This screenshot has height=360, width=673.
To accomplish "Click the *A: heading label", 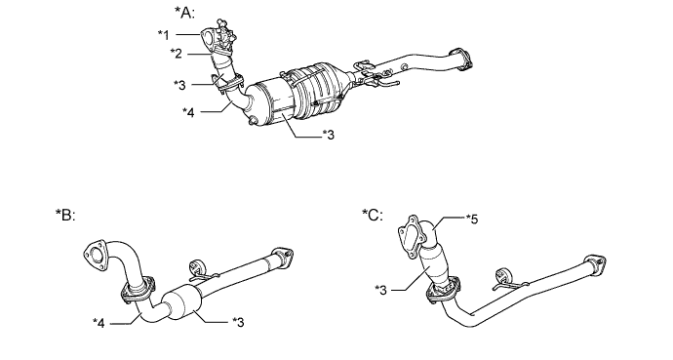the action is (x=185, y=12).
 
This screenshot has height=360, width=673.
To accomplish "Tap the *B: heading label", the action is (x=65, y=214).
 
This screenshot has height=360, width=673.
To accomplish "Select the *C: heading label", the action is (x=373, y=214).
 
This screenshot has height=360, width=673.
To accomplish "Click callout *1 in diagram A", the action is (x=164, y=35).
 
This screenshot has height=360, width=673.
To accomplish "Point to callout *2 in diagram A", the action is (x=176, y=54).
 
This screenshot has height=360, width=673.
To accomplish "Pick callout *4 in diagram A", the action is (x=188, y=112).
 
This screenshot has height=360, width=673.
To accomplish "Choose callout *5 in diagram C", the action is (x=472, y=220).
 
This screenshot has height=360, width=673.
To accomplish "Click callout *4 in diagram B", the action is (x=99, y=323).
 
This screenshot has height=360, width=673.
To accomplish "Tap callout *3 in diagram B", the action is (x=238, y=322).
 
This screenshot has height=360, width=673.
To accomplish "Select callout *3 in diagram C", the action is (x=380, y=290).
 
